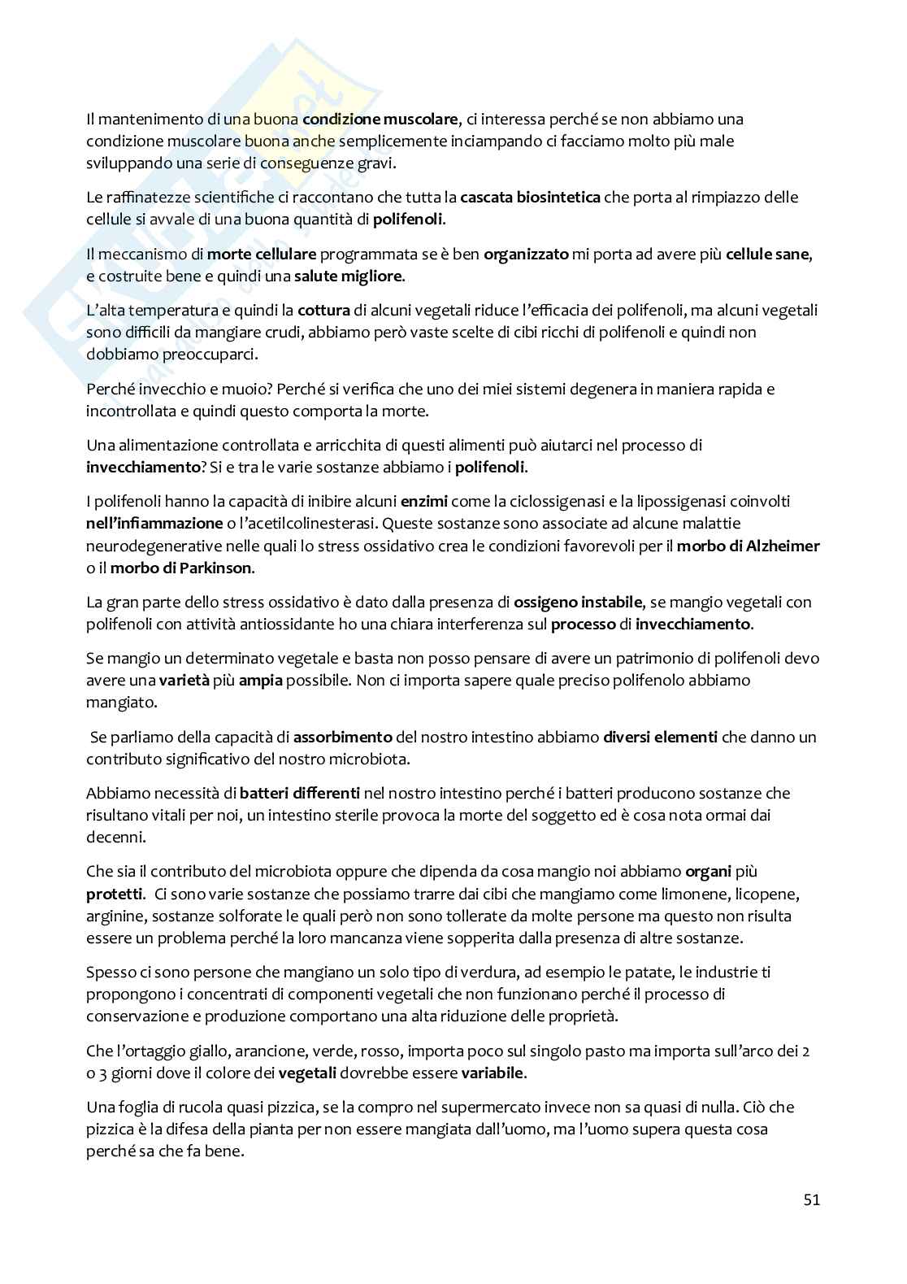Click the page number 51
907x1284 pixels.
[x=811, y=1199]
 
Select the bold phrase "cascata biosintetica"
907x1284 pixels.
[x=530, y=198]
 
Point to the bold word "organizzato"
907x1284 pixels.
[x=526, y=255]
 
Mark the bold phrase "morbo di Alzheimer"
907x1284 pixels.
[x=749, y=546]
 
